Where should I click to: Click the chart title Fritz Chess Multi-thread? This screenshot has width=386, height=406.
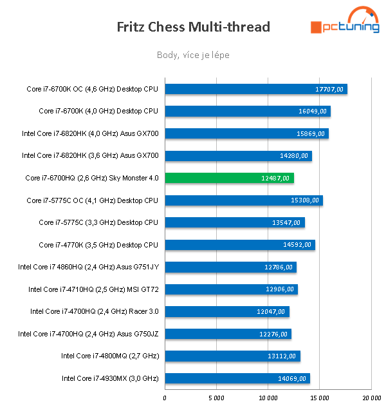click(x=193, y=27)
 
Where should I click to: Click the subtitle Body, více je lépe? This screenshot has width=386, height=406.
click(x=193, y=55)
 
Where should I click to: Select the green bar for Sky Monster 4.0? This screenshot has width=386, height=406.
click(x=229, y=178)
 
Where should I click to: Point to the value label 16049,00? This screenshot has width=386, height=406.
click(x=313, y=111)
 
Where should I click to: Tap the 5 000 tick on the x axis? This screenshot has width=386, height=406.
click(x=216, y=398)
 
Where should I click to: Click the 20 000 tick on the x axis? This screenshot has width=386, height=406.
click(x=371, y=398)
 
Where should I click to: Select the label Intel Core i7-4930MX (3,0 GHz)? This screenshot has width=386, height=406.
click(x=110, y=378)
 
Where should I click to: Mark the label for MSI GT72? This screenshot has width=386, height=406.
click(x=93, y=289)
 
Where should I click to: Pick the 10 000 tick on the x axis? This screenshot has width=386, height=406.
click(x=268, y=398)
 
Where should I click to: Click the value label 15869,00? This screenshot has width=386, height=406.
click(x=311, y=134)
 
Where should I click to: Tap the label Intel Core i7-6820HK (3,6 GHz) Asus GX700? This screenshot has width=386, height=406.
click(x=90, y=155)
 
